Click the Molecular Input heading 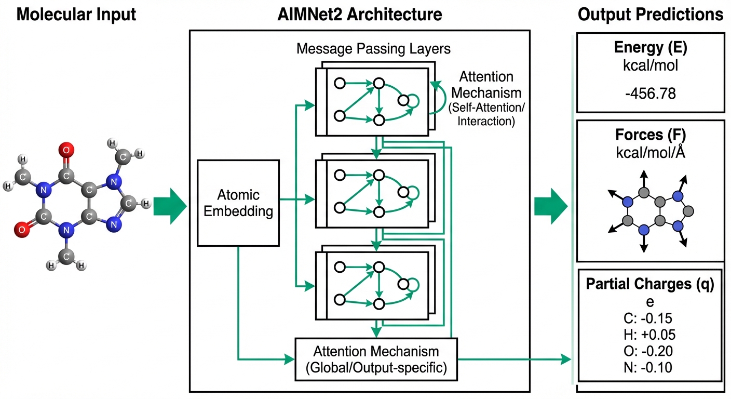coord(76,14)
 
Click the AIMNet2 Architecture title coord(360,14)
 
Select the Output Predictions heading coord(651,14)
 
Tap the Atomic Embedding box coord(238,203)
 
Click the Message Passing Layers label coord(373,49)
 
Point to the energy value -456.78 coord(651,94)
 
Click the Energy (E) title coord(651,48)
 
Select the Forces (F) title coord(651,135)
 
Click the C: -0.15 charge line coord(651,318)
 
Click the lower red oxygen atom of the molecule coord(20,229)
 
